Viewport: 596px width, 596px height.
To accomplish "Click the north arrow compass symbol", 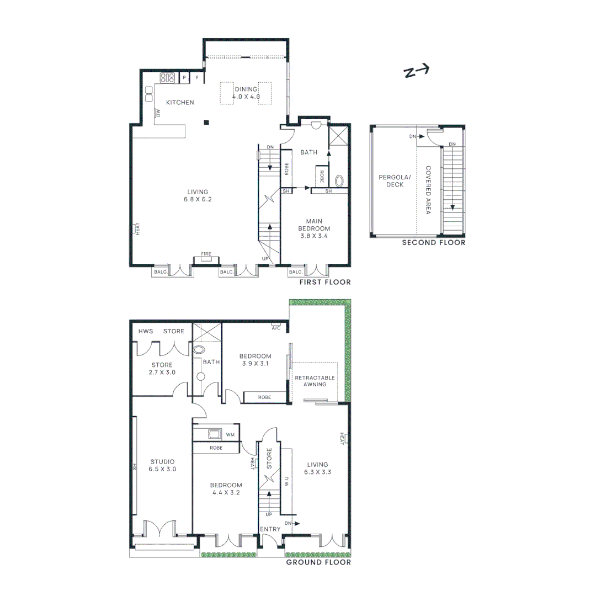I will pyautogui.click(x=417, y=72).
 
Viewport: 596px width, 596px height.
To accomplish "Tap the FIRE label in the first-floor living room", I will pyautogui.click(x=206, y=254).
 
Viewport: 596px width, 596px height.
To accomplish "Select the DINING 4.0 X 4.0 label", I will pyautogui.click(x=246, y=93).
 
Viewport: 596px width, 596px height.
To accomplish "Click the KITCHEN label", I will pyautogui.click(x=180, y=103).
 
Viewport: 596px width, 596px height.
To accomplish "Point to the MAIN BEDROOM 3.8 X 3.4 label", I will pyautogui.click(x=314, y=228).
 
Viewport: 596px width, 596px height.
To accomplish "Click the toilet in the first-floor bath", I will pyautogui.click(x=339, y=180).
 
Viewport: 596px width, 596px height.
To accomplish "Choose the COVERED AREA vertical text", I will pyautogui.click(x=428, y=190).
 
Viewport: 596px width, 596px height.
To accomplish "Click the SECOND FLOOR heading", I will pyautogui.click(x=433, y=242).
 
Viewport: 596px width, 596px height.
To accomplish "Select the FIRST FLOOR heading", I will pyautogui.click(x=324, y=282).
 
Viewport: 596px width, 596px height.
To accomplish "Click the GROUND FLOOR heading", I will pyautogui.click(x=318, y=562).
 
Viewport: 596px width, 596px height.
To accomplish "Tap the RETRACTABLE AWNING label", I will pyautogui.click(x=315, y=381).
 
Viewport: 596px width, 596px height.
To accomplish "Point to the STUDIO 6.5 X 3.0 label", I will pyautogui.click(x=162, y=465).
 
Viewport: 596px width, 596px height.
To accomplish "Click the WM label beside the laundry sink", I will pyautogui.click(x=231, y=435).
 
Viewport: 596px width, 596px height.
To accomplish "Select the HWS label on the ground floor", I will pyautogui.click(x=146, y=331).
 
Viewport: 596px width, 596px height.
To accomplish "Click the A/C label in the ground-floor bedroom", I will pyautogui.click(x=276, y=328).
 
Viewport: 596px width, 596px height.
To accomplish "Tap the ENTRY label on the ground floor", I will pyautogui.click(x=270, y=529).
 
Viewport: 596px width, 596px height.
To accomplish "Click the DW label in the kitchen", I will pyautogui.click(x=158, y=113).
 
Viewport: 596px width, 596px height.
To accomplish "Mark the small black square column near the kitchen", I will pyautogui.click(x=206, y=122).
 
